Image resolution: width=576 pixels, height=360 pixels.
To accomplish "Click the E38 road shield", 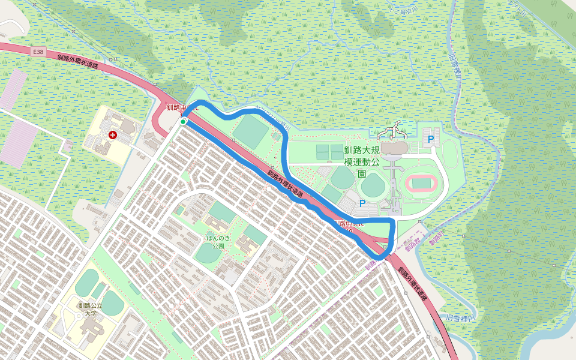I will pyautogui.click(x=39, y=52).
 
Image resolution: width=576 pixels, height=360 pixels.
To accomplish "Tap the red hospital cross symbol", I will pyautogui.click(x=112, y=136).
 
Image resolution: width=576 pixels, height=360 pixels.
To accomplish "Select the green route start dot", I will pyautogui.click(x=183, y=122).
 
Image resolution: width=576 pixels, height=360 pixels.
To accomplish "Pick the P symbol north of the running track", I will pyautogui.click(x=431, y=140).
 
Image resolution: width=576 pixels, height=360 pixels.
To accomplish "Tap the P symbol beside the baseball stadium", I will pyautogui.click(x=362, y=204).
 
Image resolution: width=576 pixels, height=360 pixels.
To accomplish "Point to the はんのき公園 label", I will pyautogui.click(x=215, y=242).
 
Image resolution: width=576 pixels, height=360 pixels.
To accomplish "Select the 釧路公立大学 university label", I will pyautogui.click(x=91, y=309).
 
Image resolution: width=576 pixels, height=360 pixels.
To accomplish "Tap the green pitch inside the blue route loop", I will pyautogui.click(x=251, y=132).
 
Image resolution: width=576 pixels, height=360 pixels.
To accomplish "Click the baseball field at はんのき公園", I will pyautogui.click(x=207, y=254).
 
